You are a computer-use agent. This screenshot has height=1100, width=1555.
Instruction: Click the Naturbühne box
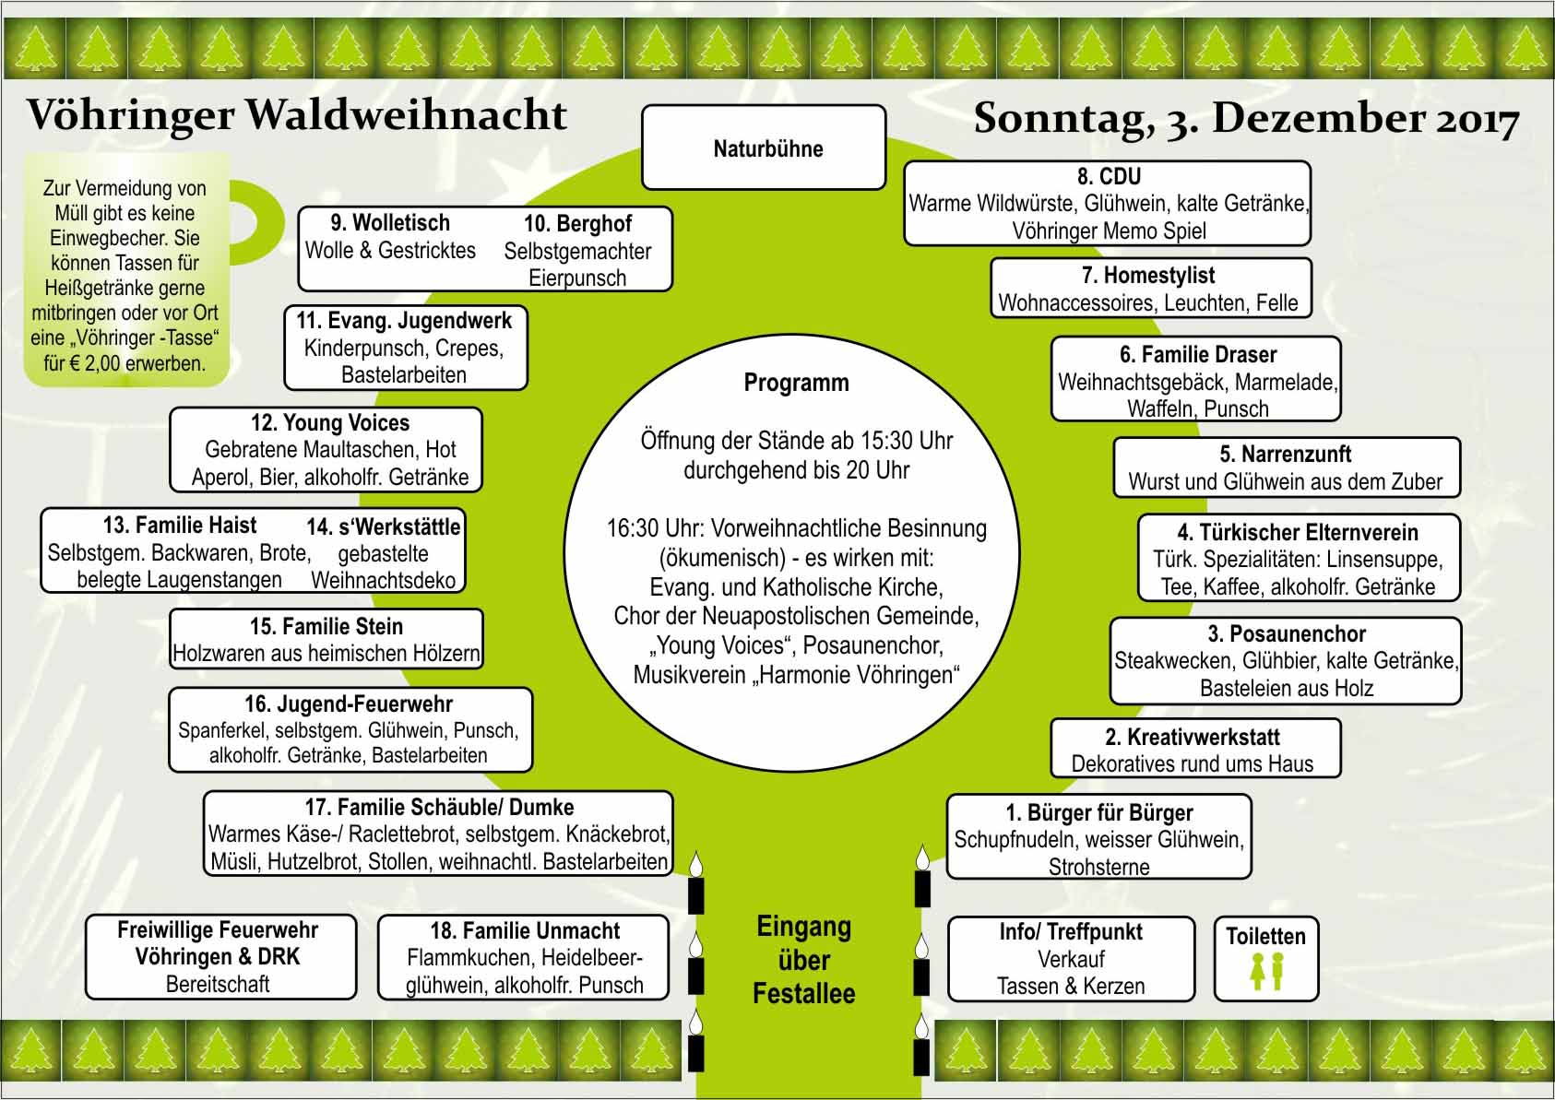coord(764,148)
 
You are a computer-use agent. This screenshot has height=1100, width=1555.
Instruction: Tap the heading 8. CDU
coord(1109,176)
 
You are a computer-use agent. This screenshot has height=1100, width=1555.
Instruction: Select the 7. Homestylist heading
coord(1148,275)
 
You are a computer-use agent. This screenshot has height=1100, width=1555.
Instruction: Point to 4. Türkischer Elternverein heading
coord(1298,532)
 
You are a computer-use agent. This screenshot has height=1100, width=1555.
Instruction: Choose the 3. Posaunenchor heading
coord(1287,633)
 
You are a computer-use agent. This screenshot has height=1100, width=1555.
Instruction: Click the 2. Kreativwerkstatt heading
coord(1193,737)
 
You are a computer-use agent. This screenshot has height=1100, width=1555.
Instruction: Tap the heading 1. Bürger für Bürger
coord(1099,812)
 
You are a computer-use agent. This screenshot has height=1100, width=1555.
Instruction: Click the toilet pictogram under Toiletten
coord(1267,971)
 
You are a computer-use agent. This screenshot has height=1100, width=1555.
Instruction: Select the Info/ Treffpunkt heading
coord(1071,932)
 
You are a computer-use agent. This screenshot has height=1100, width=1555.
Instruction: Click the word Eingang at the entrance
coord(804,928)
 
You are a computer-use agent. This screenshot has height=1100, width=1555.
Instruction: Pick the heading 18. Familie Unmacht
coord(525,930)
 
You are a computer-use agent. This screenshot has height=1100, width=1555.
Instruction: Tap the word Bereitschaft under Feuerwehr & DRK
coord(218,984)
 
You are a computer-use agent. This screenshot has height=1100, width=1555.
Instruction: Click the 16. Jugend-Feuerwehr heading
coord(349,704)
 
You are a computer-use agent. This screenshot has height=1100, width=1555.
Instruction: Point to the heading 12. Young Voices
coord(330,422)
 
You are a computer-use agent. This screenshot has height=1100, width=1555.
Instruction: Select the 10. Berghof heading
coord(577,223)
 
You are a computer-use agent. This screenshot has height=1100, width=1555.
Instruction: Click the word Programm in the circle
coord(796,383)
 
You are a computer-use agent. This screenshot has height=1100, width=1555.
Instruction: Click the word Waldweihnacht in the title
coord(407,114)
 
